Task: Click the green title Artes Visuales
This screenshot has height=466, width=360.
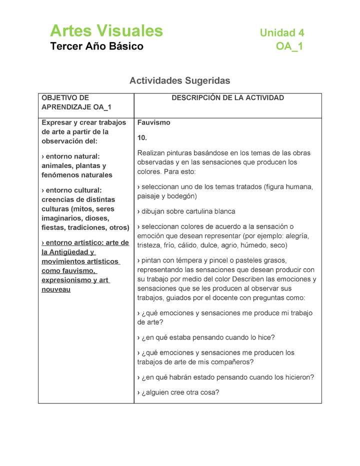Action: (106, 31)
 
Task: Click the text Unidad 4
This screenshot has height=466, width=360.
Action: (281, 33)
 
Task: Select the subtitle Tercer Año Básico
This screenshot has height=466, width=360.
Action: (96, 46)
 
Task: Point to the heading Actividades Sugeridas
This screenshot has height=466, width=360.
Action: (179, 80)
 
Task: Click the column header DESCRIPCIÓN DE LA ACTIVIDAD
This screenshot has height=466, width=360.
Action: (227, 98)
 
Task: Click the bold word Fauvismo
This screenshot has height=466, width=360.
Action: (153, 122)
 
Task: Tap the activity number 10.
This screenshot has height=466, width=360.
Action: (142, 137)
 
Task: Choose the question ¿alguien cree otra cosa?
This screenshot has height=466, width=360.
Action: (178, 392)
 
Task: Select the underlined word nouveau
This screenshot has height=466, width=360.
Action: (56, 289)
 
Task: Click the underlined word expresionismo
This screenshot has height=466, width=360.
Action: (66, 280)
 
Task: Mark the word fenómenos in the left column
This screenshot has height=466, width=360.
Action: (59, 175)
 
